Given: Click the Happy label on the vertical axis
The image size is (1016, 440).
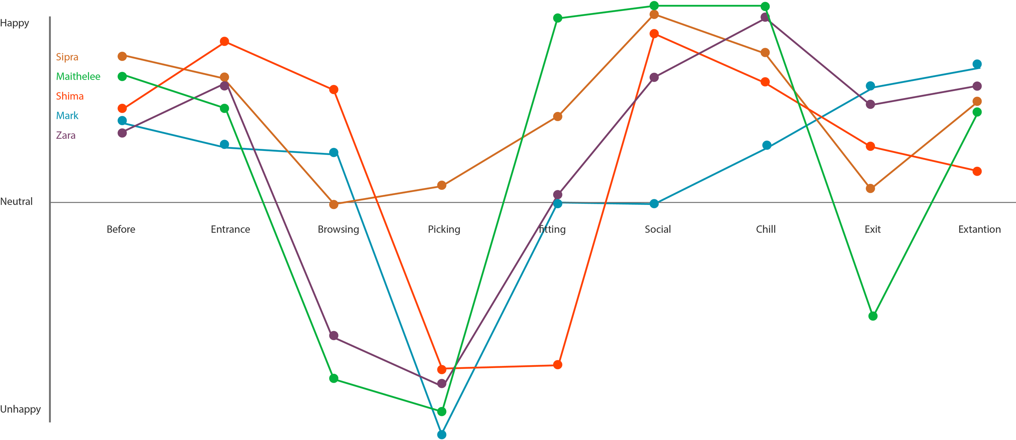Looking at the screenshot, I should click(15, 23).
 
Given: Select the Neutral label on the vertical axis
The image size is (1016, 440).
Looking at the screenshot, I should click(16, 202).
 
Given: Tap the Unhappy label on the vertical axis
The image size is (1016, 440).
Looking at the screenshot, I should click(20, 409).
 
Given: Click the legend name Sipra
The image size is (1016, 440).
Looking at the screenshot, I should click(67, 57).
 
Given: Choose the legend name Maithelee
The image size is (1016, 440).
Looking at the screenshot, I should click(78, 76).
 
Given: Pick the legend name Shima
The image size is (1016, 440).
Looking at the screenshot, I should click(70, 96).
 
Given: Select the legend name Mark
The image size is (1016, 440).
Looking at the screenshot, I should click(67, 116).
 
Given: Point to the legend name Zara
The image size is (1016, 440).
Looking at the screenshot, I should click(66, 135).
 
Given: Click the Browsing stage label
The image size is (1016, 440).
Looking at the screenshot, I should click(338, 230).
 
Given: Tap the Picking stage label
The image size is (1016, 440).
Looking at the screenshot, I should click(444, 230).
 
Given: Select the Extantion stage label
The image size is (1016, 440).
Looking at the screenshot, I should click(979, 230).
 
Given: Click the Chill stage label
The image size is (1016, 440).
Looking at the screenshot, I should click(766, 230).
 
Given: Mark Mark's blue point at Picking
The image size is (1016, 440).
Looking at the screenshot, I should click(442, 435).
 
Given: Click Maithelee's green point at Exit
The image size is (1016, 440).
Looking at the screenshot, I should click(873, 316).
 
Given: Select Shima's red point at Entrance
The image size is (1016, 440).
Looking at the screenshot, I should click(224, 41).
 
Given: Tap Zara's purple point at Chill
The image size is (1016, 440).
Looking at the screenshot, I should click(765, 17).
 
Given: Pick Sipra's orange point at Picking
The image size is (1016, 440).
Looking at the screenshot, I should click(442, 185).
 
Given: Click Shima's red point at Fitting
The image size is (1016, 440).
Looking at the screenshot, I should click(558, 365).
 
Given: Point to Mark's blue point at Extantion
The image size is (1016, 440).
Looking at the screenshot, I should click(977, 64).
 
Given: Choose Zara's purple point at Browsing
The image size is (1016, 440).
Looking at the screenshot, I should click(334, 335).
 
